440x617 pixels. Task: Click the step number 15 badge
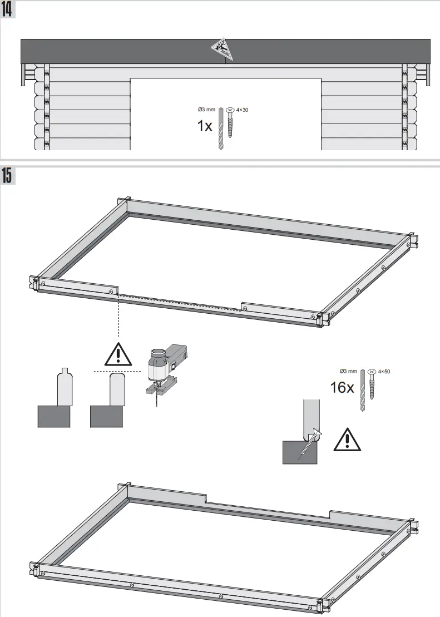point(8,175)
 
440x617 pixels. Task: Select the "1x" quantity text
point(204,126)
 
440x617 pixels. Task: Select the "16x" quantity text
point(342,387)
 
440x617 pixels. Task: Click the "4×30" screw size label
point(242,110)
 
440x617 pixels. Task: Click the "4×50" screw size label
point(384,371)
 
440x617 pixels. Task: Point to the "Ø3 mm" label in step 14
point(206,110)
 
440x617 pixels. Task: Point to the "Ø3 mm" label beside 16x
point(348,371)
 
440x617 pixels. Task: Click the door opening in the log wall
point(225,114)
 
